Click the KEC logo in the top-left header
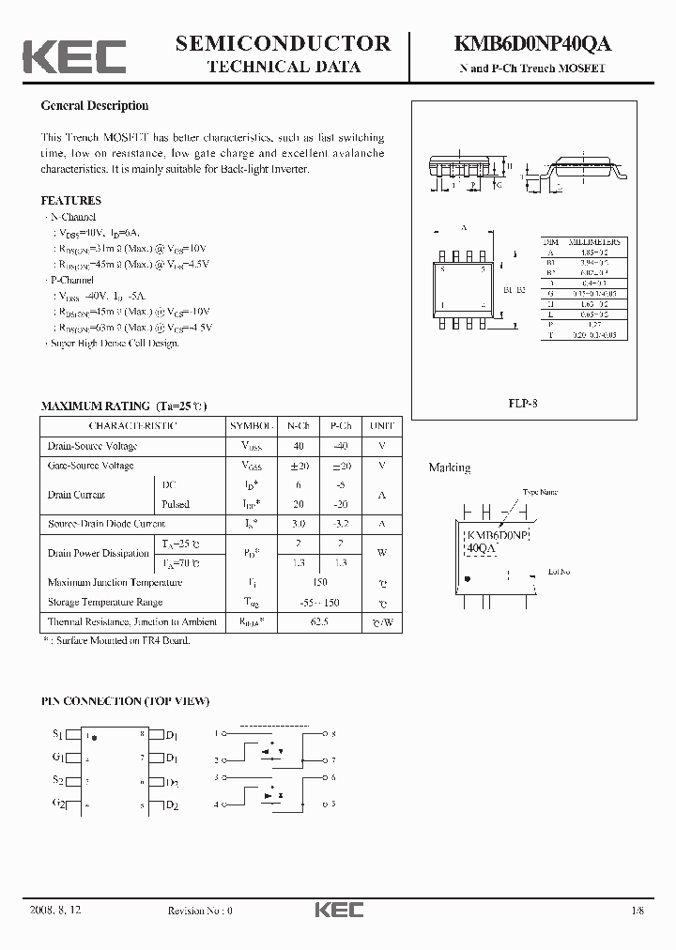[x=74, y=56]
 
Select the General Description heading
[x=94, y=106]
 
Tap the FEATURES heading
[x=70, y=201]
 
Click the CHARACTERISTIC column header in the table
[x=131, y=425]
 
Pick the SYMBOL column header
[x=252, y=425]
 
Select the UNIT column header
[x=382, y=425]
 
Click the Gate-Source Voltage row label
[x=90, y=466]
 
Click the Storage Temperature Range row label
[x=104, y=602]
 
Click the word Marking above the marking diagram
[x=450, y=467]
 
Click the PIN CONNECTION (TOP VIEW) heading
[x=125, y=701]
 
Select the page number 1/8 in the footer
[x=639, y=911]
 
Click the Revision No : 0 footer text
[x=199, y=911]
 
